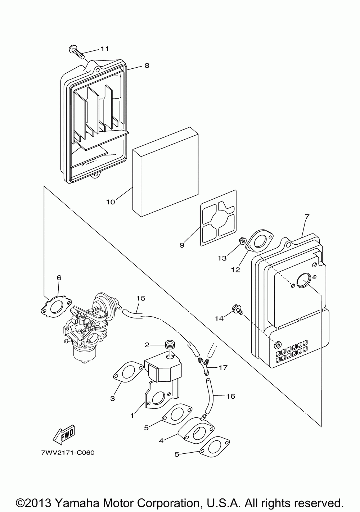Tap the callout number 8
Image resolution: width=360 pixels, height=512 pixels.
[x=147, y=65]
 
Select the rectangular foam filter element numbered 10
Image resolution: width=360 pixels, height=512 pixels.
[x=165, y=172]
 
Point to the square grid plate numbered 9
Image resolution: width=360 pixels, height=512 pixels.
[x=218, y=218]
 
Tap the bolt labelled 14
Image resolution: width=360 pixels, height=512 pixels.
[x=237, y=310]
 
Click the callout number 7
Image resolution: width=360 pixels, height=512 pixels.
[x=307, y=216]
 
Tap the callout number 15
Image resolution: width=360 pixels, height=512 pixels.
[x=141, y=298]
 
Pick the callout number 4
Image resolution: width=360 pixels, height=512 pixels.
[x=161, y=440]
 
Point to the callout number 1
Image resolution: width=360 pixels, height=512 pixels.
[x=132, y=416]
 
